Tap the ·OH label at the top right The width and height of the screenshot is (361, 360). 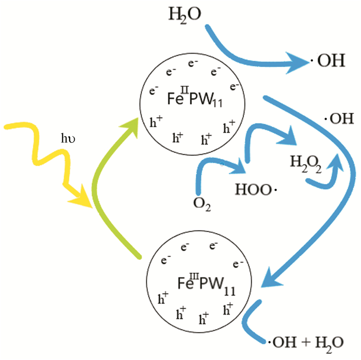(x=327, y=62)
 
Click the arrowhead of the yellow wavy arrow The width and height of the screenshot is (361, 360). (x=82, y=199)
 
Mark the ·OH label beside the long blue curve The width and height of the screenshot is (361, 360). (x=338, y=120)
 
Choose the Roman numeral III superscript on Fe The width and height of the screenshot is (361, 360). (x=191, y=274)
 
